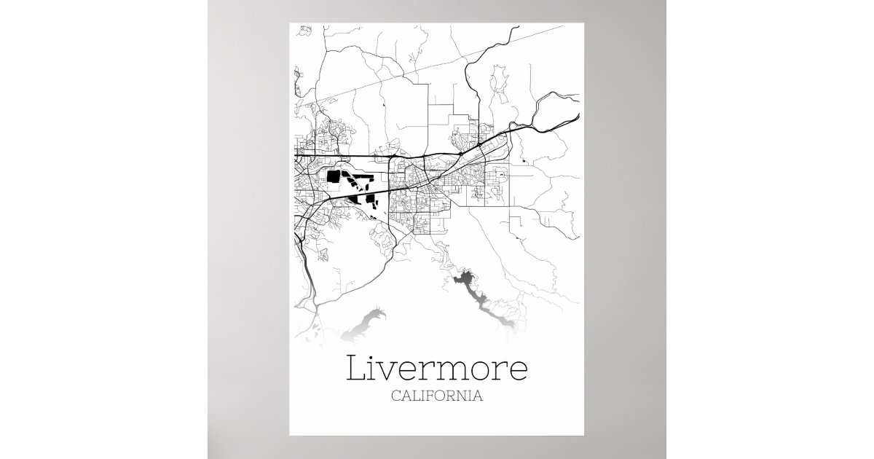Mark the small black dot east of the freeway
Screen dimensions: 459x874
[523, 160]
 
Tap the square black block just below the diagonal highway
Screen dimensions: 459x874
[369, 198]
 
